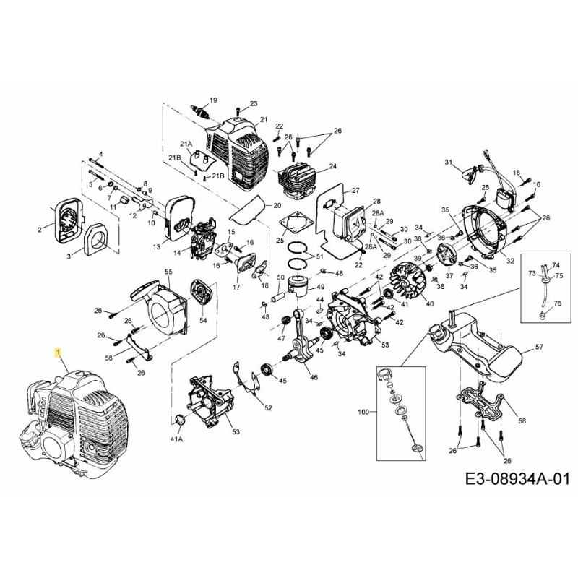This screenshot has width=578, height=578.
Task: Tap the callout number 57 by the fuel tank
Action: coord(538,348)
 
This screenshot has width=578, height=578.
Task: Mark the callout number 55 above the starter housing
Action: coord(168,271)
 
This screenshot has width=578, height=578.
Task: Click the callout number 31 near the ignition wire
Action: coord(447,162)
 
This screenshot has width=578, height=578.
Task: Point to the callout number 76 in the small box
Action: coord(557,303)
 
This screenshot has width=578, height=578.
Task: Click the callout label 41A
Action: coord(176,439)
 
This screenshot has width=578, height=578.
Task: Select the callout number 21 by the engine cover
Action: coord(263,120)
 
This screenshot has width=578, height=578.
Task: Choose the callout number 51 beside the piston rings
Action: coord(319,256)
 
